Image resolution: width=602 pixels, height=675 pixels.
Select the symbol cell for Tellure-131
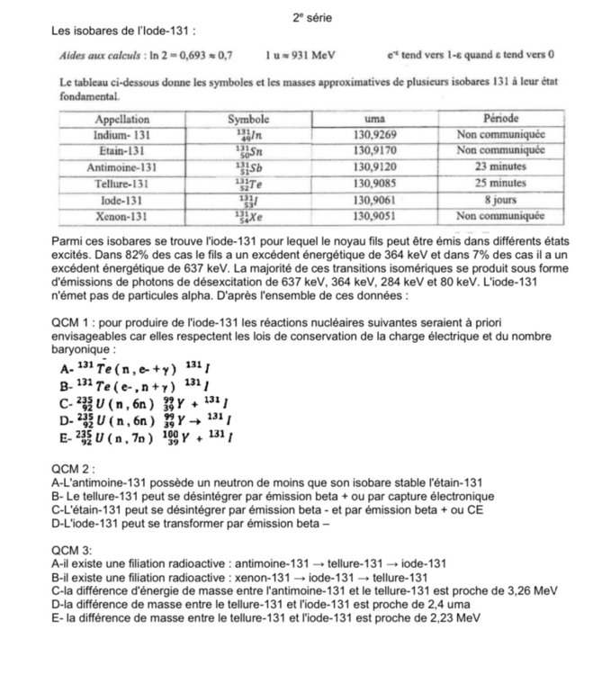click(x=243, y=184)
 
